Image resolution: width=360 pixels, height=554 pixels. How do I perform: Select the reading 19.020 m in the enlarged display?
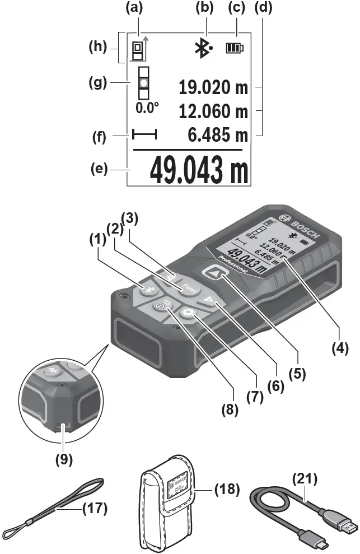213,88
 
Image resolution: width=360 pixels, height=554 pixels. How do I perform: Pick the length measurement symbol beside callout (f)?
144,135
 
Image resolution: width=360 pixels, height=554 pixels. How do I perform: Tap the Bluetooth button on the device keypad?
149,290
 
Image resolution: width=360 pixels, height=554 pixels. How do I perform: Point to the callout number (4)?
339,348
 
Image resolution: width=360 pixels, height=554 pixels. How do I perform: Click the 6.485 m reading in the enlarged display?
219,134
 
